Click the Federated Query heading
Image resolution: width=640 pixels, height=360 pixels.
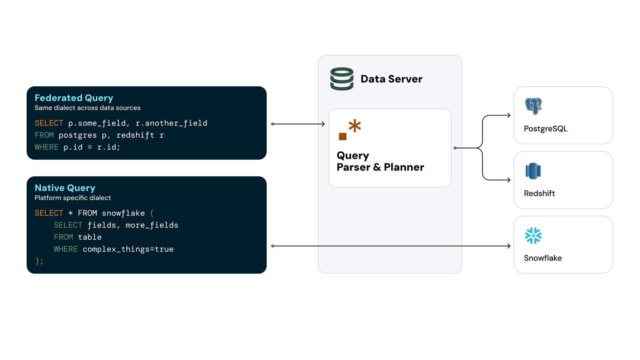[74, 98]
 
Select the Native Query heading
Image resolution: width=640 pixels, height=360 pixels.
[65, 188]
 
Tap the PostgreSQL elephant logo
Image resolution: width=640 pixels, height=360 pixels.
[533, 106]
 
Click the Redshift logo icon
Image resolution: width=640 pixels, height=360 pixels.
[533, 171]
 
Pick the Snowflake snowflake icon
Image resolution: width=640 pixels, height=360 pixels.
[533, 236]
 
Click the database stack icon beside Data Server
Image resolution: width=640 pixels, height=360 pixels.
[342, 79]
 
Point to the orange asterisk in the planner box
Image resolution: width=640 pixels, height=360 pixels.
[355, 126]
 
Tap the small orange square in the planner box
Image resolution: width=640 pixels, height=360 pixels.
[343, 136]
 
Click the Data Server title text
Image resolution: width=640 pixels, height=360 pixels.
[391, 79]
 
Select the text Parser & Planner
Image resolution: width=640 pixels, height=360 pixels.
[380, 167]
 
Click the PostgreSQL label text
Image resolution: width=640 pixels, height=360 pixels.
[546, 129]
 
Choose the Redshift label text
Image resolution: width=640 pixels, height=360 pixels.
[539, 194]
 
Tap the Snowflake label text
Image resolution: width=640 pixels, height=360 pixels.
[543, 258]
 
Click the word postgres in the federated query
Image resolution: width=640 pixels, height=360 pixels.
[78, 135]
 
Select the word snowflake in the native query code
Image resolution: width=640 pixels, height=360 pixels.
[123, 213]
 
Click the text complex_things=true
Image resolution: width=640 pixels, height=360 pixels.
[128, 249]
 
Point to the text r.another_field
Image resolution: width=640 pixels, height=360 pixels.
[171, 123]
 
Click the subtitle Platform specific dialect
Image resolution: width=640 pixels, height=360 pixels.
[73, 198]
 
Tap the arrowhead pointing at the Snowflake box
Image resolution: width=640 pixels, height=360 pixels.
[509, 246]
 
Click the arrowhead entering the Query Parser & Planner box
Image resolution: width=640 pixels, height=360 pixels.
[323, 124]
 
